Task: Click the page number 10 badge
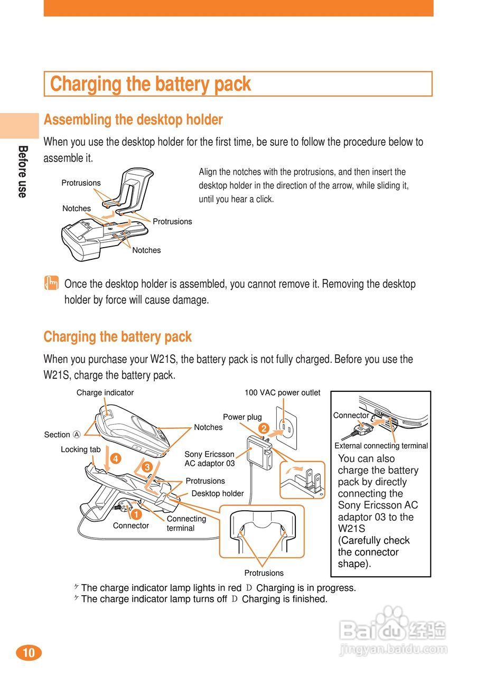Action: pos(29,653)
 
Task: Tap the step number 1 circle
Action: pos(136,513)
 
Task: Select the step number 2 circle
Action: pos(264,428)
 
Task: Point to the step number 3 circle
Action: pos(147,467)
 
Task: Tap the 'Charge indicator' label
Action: pos(105,392)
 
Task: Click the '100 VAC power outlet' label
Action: pos(282,392)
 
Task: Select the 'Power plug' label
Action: pos(242,417)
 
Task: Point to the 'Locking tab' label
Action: pos(80,449)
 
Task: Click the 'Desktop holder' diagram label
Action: pos(217,493)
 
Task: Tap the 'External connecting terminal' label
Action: pos(381,446)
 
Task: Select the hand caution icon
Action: pos(51,284)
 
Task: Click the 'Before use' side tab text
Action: pos(22,172)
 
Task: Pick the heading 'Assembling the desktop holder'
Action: pos(133,120)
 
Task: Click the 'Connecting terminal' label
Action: pos(186,523)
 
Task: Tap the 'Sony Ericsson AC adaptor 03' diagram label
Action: pos(209,458)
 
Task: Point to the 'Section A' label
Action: pos(62,435)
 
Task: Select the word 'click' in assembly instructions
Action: pos(264,200)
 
